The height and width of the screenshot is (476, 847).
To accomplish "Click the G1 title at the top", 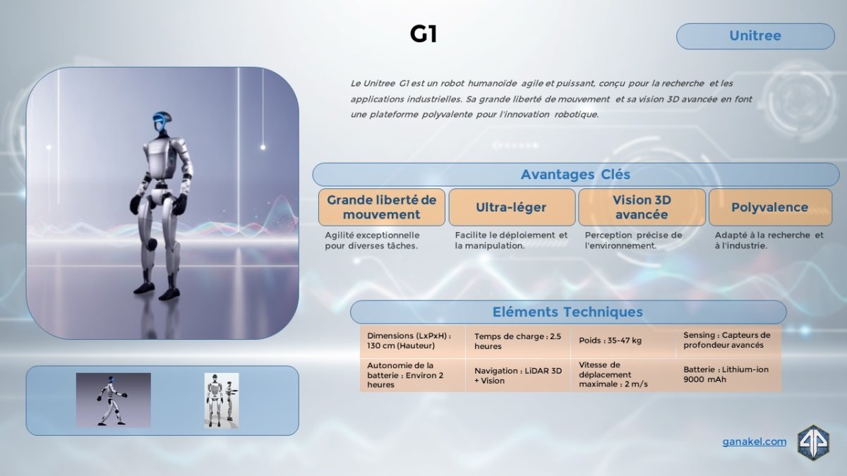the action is pyautogui.click(x=423, y=35).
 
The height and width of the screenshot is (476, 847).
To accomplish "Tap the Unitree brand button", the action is pyautogui.click(x=755, y=36).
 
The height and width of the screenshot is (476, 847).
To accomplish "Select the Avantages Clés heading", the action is pyautogui.click(x=575, y=175).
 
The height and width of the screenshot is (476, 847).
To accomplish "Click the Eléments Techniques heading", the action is pyautogui.click(x=568, y=312).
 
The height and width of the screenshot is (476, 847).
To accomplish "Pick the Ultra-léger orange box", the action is pyautogui.click(x=512, y=207).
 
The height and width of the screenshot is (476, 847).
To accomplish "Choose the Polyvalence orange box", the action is pyautogui.click(x=770, y=207).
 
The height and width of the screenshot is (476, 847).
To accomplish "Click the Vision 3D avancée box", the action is pyautogui.click(x=642, y=207).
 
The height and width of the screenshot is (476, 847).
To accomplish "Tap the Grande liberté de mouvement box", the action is pyautogui.click(x=382, y=207).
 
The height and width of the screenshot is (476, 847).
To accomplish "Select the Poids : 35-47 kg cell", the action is pyautogui.click(x=623, y=341).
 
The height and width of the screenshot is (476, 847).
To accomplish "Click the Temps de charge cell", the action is pyautogui.click(x=518, y=341).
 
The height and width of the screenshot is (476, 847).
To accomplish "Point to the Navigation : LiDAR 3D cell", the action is pyautogui.click(x=518, y=375).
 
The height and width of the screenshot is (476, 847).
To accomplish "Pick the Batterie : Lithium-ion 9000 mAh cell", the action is pyautogui.click(x=728, y=374).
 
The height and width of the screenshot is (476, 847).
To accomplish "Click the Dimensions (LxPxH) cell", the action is pyautogui.click(x=412, y=341).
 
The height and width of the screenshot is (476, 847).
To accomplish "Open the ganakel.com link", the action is pyautogui.click(x=755, y=441).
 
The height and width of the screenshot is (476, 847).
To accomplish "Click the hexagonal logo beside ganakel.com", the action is pyautogui.click(x=813, y=443).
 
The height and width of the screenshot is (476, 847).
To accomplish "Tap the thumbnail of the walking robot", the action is pyautogui.click(x=114, y=400).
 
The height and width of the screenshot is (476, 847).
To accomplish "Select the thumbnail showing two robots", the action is pyautogui.click(x=222, y=401).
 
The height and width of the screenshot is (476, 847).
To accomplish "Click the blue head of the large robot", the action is pyautogui.click(x=162, y=121).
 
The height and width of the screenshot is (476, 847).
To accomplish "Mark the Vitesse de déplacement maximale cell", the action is pyautogui.click(x=623, y=374).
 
